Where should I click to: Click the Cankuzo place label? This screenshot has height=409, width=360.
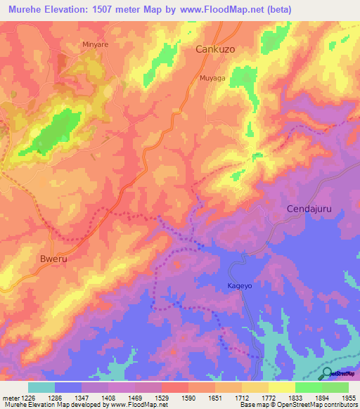[215, 50]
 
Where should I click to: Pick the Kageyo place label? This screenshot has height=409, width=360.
[239, 285]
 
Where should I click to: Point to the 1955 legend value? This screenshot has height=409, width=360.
[347, 397]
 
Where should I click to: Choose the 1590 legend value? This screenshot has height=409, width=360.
[188, 397]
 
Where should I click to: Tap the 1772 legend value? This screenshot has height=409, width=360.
[268, 397]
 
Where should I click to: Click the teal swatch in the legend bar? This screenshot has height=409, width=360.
[41, 387]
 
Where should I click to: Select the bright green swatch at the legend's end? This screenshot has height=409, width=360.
[335, 387]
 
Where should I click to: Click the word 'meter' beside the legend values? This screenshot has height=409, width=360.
[10, 397]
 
